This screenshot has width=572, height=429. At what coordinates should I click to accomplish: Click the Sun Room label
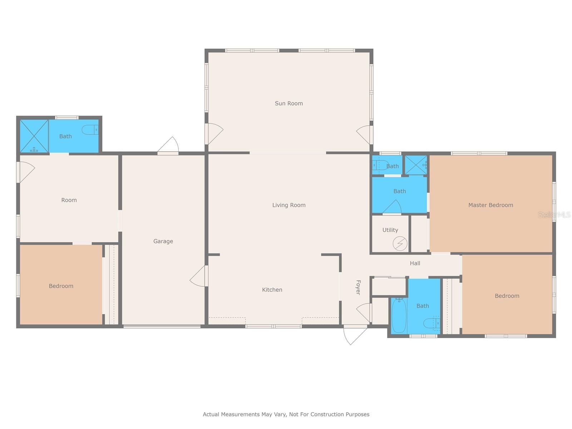point(289,103)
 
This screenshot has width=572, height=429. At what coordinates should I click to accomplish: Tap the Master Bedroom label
point(490,205)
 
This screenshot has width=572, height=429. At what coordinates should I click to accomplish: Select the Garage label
point(163,241)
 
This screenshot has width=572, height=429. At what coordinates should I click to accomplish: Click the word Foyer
point(358,287)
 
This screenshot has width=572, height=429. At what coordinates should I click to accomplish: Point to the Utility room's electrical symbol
point(400,243)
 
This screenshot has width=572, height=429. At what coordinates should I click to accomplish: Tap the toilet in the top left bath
point(90,130)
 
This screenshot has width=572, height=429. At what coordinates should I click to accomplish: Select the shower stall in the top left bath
point(34,136)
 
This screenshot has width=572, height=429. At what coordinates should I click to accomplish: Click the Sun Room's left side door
point(214,133)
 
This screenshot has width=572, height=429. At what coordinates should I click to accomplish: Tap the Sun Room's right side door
point(364,134)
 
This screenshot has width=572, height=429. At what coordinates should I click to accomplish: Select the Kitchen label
point(272,290)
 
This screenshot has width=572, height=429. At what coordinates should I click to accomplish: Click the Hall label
point(415,263)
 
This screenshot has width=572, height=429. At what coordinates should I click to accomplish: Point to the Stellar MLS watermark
point(554,214)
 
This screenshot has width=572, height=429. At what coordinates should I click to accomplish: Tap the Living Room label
point(289,205)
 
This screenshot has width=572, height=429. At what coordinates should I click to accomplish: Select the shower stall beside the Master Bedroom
point(416,165)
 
